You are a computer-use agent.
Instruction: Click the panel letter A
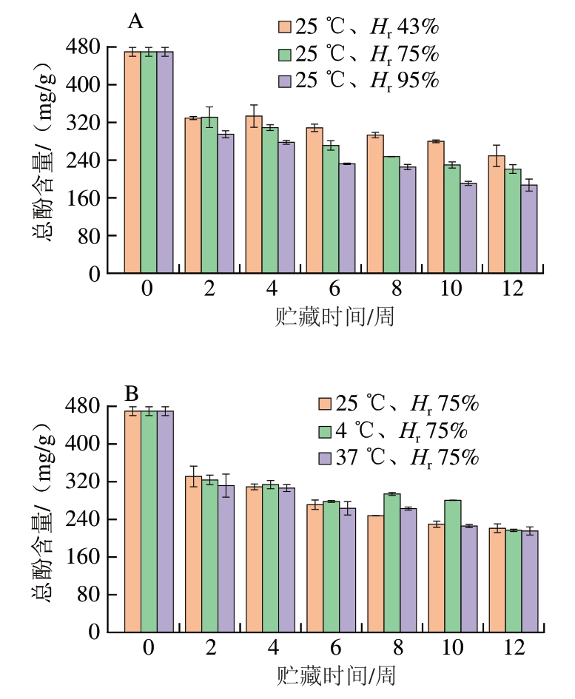tap(135, 22)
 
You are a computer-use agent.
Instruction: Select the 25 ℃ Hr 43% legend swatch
tap(285, 27)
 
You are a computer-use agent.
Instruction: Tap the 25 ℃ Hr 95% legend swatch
tap(285, 81)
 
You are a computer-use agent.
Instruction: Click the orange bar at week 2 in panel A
tap(192, 196)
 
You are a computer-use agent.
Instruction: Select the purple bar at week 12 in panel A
tap(528, 229)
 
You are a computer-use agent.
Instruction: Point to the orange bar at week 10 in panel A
tap(435, 207)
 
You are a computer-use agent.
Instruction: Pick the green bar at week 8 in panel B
tap(391, 562)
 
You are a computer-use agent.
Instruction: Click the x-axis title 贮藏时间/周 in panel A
tap(329, 317)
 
